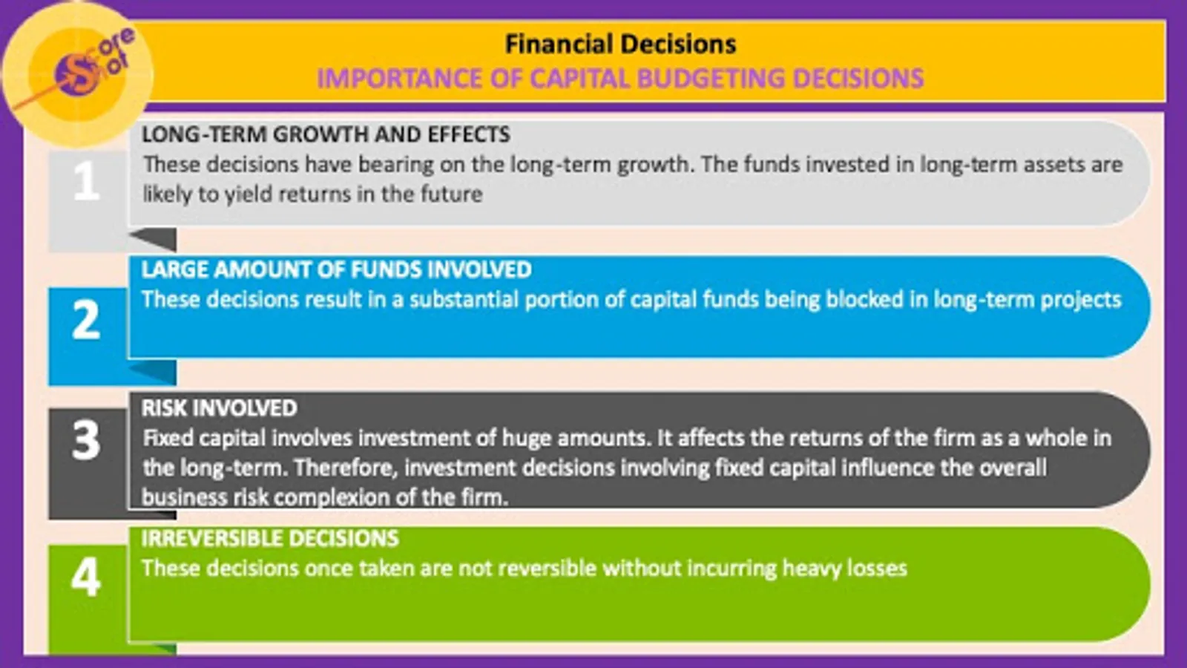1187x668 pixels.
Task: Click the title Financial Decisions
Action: point(620,44)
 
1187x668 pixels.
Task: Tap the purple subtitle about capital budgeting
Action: point(620,79)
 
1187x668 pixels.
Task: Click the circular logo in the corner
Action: point(79,74)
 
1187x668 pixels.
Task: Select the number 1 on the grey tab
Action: point(86,181)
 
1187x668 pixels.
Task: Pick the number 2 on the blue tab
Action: point(86,320)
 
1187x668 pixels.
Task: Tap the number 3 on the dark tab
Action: point(86,440)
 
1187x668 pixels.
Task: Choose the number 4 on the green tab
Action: point(86,577)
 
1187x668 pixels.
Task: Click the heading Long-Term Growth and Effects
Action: point(326,134)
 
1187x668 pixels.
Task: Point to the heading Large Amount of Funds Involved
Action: point(337,270)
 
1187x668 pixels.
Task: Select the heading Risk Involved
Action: point(220,408)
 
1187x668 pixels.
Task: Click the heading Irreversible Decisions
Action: point(270,539)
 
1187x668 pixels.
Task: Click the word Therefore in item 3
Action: point(346,468)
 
